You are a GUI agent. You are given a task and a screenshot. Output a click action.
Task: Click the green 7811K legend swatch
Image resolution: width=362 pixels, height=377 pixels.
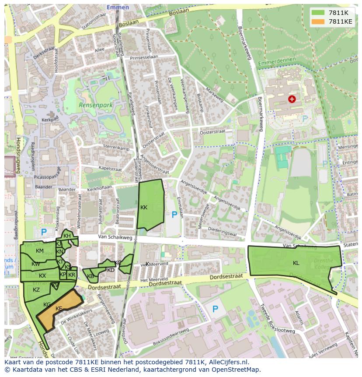click(318, 13)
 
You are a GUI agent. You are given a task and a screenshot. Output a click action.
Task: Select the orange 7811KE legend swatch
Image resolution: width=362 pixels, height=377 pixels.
click(318, 21)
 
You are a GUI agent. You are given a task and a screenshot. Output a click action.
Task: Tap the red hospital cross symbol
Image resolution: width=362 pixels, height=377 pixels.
click(292, 99)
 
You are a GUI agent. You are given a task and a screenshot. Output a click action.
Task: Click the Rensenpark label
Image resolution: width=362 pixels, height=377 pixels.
click(96, 105)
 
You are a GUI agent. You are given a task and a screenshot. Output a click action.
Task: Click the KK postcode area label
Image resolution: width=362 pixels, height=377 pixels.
click(144, 208)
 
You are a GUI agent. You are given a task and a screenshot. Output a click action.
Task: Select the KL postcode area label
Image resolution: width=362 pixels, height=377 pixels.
click(296, 263)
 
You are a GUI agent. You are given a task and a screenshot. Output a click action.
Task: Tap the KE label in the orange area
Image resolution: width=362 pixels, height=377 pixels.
click(59, 309)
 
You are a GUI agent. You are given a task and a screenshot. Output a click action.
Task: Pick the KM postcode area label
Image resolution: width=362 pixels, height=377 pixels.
click(40, 251)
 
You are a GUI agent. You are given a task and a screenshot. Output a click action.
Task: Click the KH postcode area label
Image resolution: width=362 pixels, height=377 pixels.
click(67, 236)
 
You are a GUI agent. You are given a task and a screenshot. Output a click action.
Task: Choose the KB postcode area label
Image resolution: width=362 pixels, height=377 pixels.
click(90, 276)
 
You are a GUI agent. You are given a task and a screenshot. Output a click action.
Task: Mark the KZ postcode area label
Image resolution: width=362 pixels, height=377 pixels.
click(36, 290)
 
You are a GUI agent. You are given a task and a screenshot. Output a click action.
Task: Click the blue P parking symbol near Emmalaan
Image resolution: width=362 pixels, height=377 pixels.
click(174, 215)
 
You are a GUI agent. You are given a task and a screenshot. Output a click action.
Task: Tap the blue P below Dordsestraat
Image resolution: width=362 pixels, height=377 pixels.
click(215, 309)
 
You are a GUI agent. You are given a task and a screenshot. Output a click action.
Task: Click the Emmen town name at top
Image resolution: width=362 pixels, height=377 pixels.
click(118, 7)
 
